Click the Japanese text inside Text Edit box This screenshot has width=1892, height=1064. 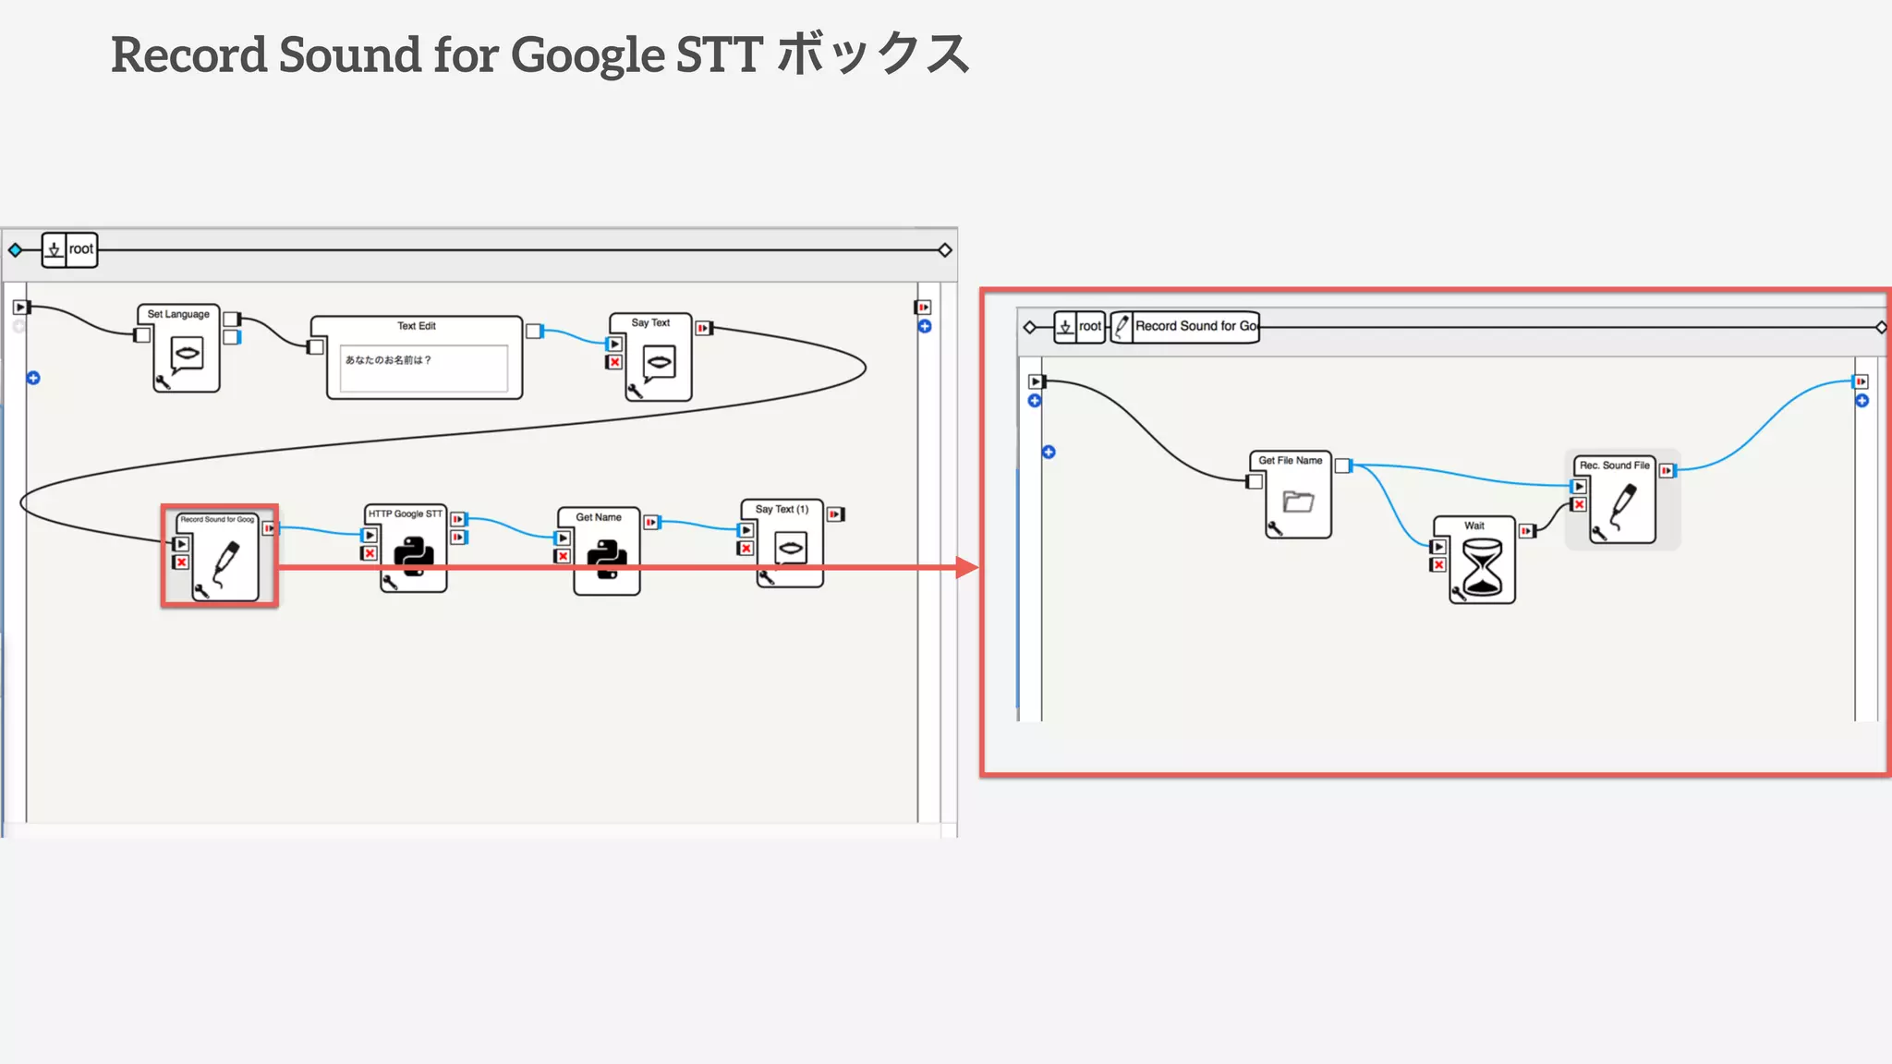388,360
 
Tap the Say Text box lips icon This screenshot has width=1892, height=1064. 659,361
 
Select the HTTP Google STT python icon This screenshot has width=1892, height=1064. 414,557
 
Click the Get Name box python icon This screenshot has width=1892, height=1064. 607,560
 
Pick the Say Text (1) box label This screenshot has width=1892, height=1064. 782,509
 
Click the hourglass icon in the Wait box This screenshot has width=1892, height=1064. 1483,567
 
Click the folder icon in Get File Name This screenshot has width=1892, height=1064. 1298,502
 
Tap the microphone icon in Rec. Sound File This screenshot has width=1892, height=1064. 1623,506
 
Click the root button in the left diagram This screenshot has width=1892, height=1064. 80,249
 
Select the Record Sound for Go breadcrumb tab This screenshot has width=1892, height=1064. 1195,326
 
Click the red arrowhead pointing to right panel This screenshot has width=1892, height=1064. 966,567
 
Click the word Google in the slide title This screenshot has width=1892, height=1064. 588,55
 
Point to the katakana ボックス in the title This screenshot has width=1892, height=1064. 873,54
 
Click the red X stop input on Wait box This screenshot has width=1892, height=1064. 1438,564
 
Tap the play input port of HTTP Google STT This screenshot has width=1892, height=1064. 370,535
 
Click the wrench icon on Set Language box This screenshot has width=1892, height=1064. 163,382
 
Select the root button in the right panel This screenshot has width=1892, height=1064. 1089,326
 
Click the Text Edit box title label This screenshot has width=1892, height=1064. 417,326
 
